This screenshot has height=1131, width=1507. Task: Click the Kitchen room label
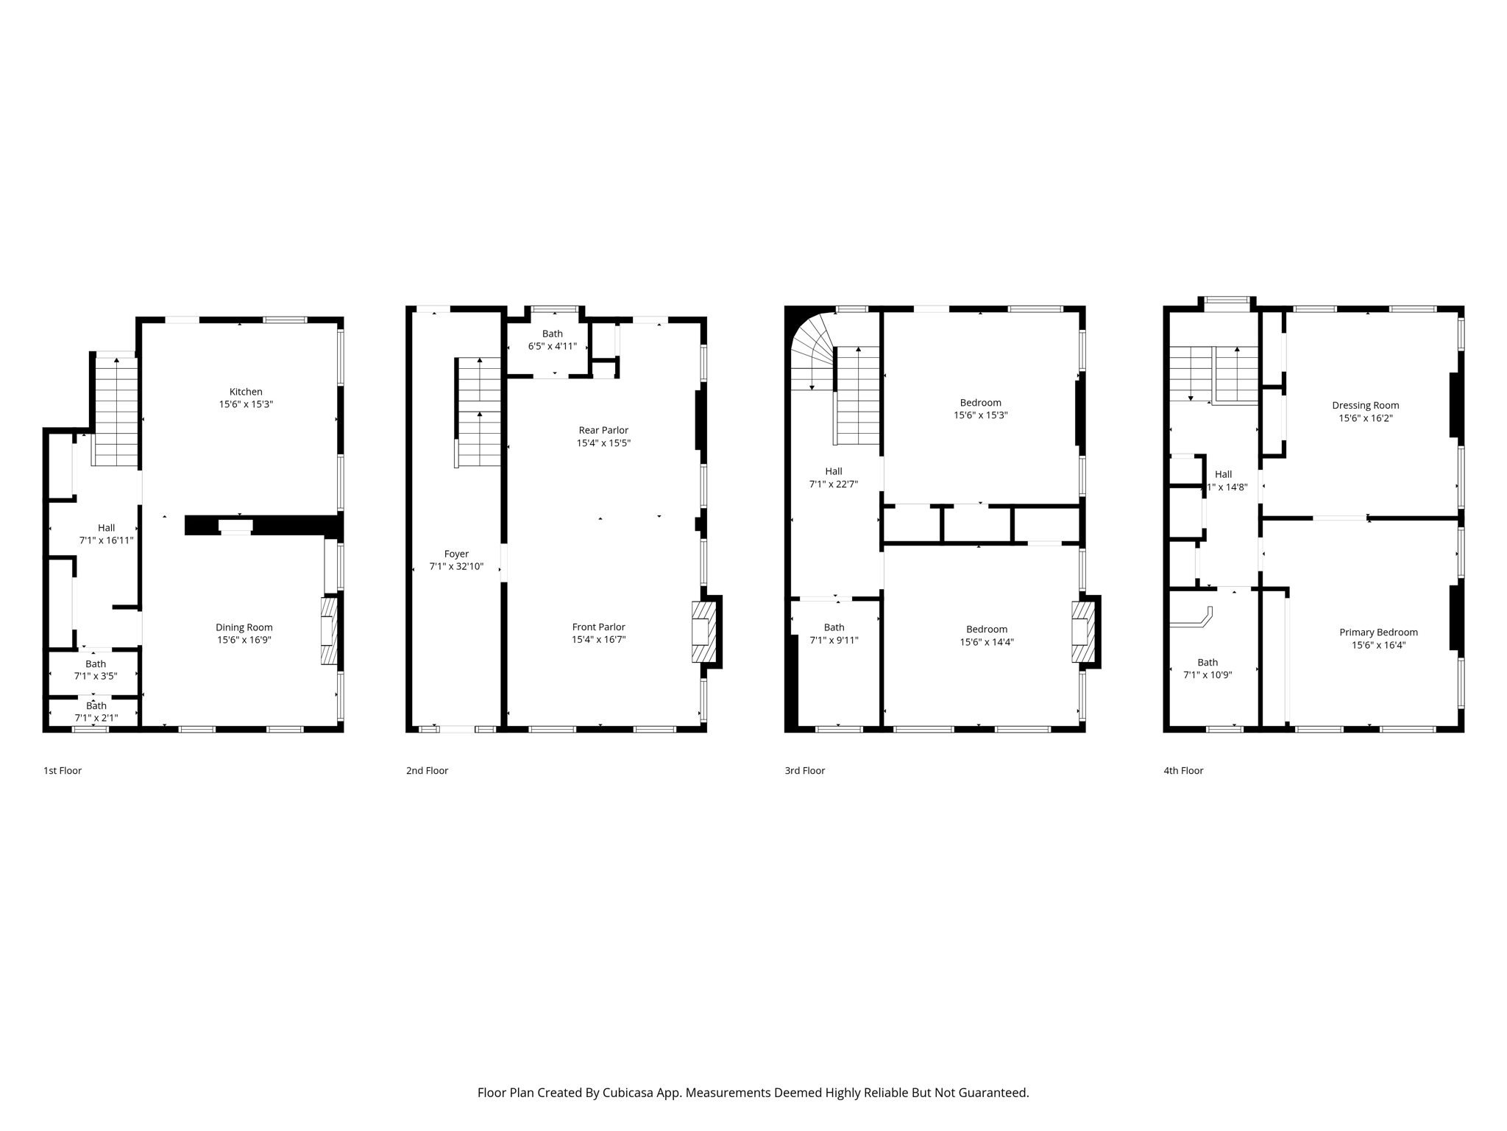246,392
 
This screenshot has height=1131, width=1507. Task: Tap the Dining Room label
244,627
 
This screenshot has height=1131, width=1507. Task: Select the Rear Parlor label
603,430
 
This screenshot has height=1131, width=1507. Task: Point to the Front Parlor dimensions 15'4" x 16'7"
599,640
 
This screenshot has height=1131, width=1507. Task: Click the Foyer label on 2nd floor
456,554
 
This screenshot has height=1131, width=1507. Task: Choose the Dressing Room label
1365,405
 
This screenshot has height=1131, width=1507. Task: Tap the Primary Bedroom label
1378,632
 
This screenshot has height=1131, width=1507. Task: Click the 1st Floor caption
63,770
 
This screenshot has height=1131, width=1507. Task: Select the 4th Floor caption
1183,770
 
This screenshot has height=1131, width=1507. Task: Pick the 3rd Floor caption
804,770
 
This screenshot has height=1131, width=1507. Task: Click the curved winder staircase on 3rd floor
813,353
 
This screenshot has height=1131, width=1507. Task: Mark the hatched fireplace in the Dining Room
329,630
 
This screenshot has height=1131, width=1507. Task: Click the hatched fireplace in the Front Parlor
704,632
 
